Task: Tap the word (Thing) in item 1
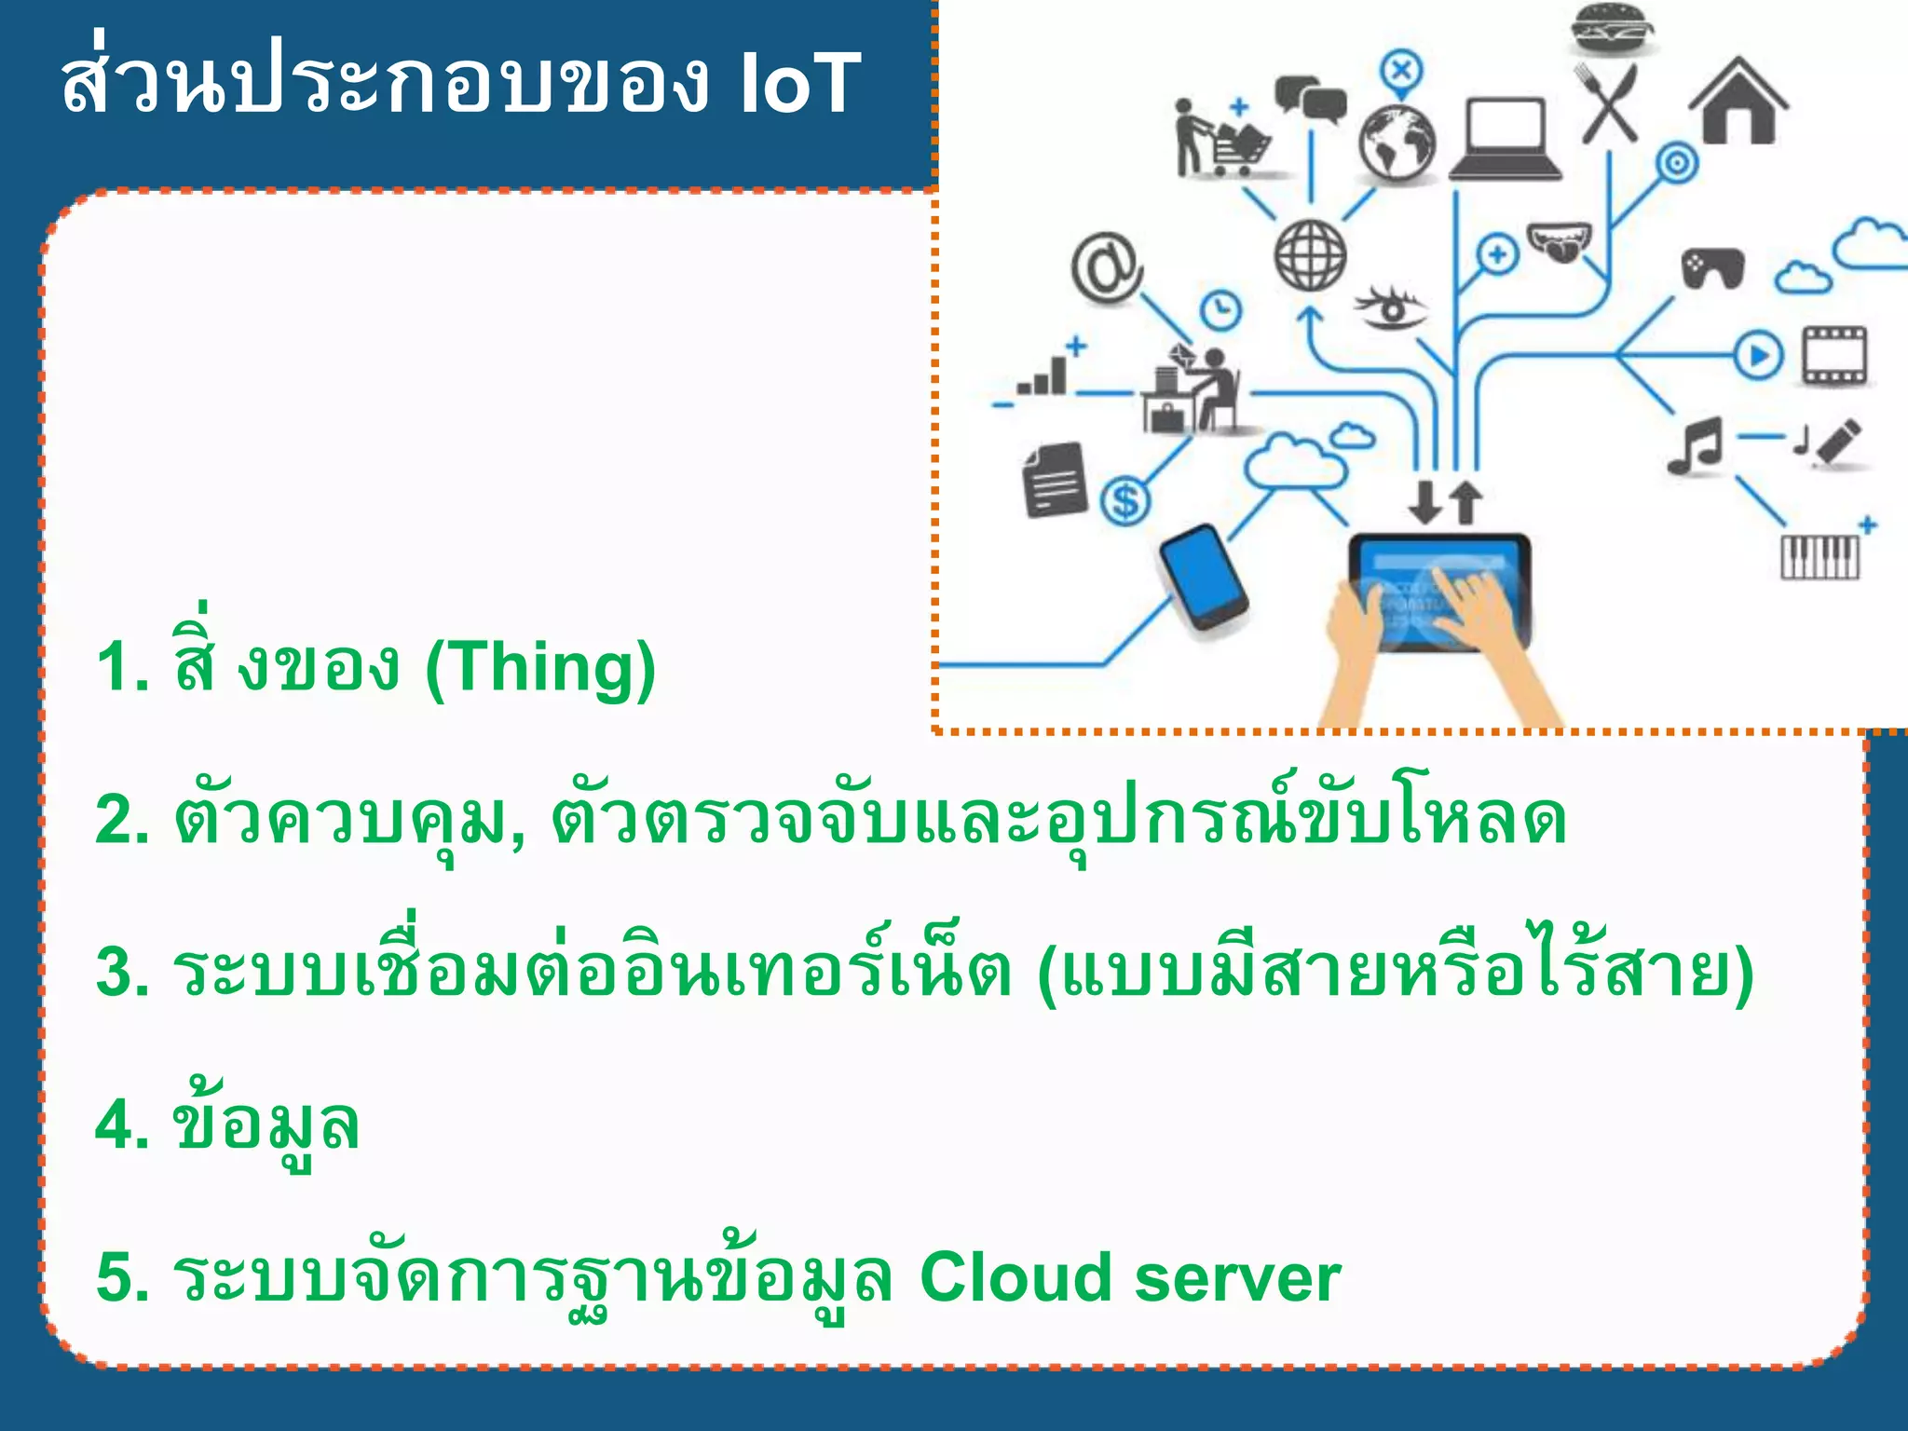(x=540, y=667)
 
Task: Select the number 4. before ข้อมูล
(x=122, y=1124)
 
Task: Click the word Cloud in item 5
(x=1015, y=1277)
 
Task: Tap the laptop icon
(x=1505, y=140)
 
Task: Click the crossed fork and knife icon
(x=1610, y=102)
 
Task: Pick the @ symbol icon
(x=1106, y=267)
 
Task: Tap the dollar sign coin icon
(x=1125, y=501)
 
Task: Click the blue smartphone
(x=1203, y=579)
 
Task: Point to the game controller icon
(x=1712, y=268)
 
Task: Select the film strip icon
(x=1833, y=355)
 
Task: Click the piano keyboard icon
(x=1819, y=556)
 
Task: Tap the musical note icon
(x=1695, y=445)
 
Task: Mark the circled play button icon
(x=1759, y=355)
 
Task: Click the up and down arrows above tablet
(x=1445, y=502)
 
